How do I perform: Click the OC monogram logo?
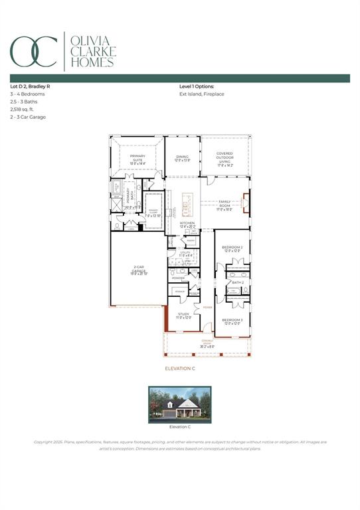pos(34,51)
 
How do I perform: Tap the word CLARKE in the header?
pos(94,51)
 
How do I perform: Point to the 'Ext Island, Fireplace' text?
pos(202,94)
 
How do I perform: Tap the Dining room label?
pos(182,159)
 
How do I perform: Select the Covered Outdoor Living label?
pos(225,157)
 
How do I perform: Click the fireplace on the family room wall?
pos(246,203)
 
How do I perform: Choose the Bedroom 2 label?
pos(232,249)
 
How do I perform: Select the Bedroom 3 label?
pos(232,321)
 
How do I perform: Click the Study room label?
pos(183,315)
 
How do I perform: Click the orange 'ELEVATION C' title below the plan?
pos(180,368)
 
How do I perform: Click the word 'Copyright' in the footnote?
pos(45,442)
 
